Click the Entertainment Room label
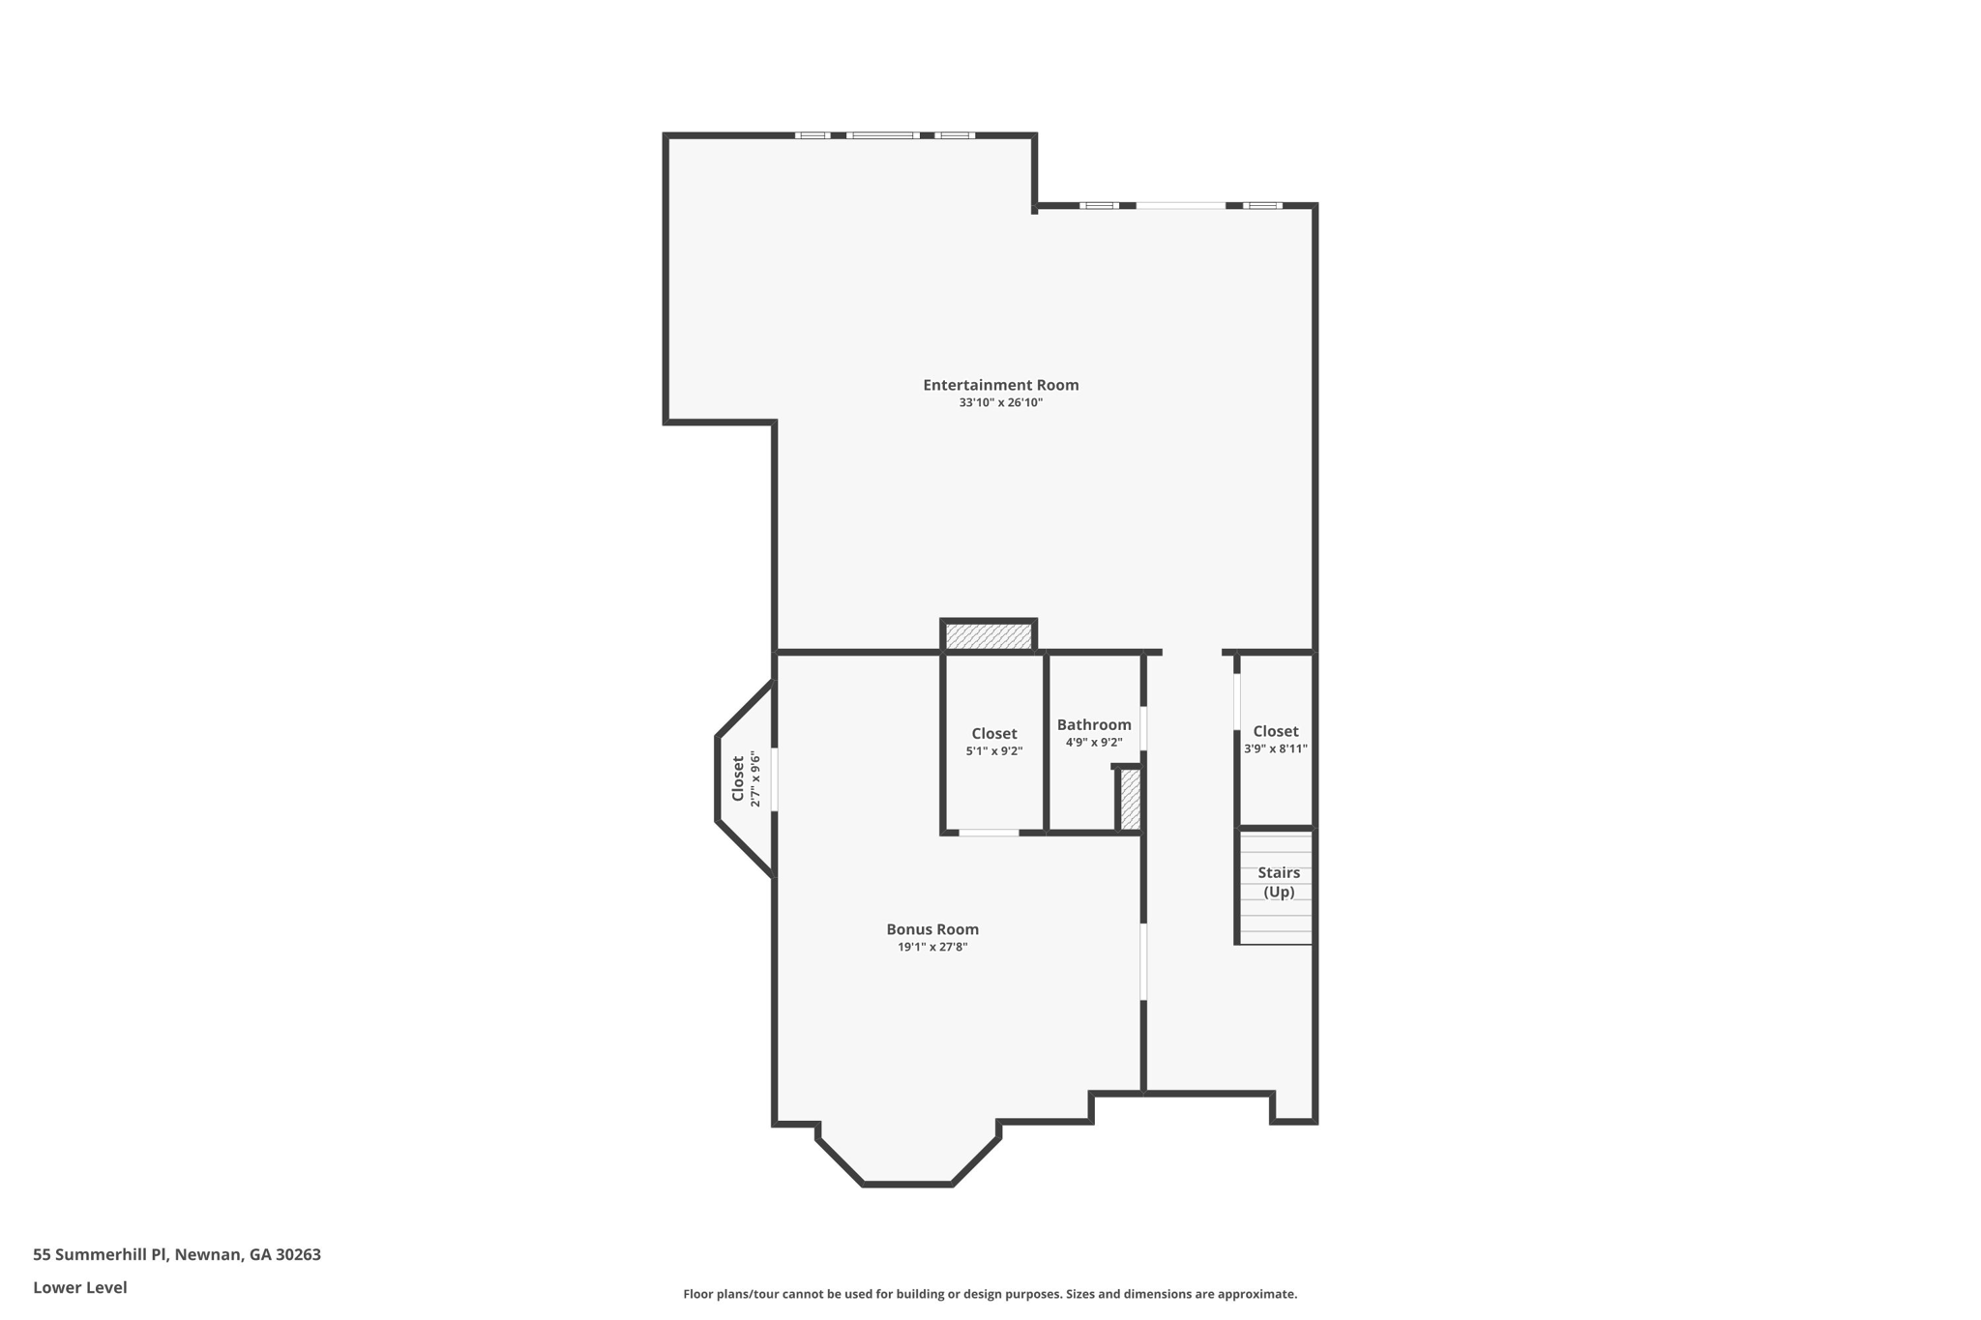[x=1000, y=385]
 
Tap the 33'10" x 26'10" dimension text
[x=1000, y=402]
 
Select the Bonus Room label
[x=932, y=929]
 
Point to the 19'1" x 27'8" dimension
[x=932, y=947]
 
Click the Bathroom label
[x=1094, y=724]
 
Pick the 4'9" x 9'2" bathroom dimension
[x=1094, y=743]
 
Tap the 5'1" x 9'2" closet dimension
[x=993, y=751]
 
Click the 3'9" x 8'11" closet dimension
[x=1276, y=748]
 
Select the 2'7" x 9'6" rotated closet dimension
[x=756, y=779]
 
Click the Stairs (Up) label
[x=1279, y=882]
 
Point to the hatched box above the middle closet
[x=989, y=636]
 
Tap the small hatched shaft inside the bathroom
[x=1130, y=799]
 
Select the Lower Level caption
[x=80, y=1287]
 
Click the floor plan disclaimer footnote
[x=990, y=1294]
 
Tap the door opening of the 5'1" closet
[x=989, y=833]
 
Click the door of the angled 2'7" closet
[x=774, y=779]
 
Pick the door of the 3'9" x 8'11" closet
[x=1237, y=701]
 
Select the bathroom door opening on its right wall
[x=1143, y=728]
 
